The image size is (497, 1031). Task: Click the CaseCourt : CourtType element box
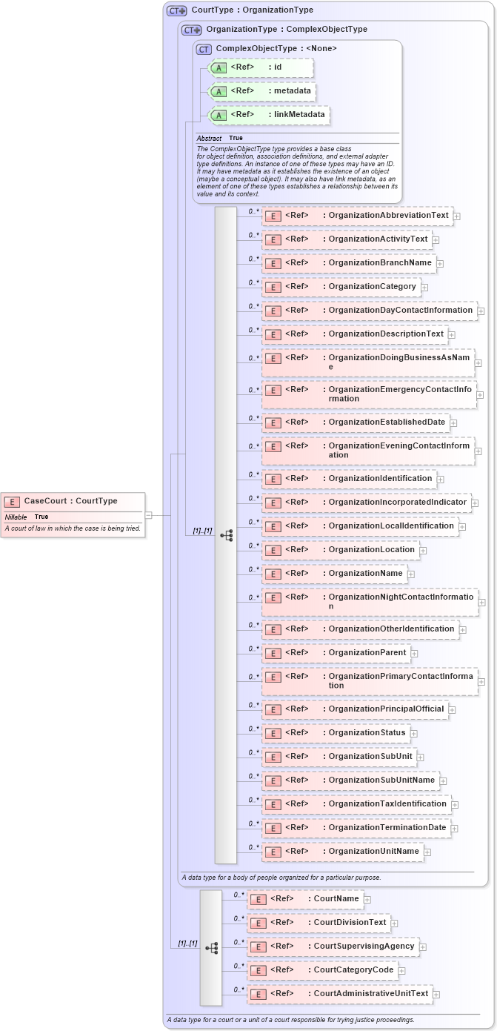[70, 501]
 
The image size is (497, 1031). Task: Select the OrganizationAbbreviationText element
[356, 216]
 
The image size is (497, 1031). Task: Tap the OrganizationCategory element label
[372, 287]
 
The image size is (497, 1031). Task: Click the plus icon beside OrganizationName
[411, 574]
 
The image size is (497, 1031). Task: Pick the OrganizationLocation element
[340, 550]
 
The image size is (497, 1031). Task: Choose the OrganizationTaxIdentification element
[356, 804]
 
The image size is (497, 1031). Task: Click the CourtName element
[304, 899]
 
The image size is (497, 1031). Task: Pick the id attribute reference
[261, 67]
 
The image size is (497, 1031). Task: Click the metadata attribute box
[262, 91]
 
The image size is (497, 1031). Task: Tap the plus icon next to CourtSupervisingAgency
[424, 947]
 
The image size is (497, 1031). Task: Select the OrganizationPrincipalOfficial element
[355, 709]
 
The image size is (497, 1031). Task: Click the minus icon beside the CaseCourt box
[149, 514]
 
